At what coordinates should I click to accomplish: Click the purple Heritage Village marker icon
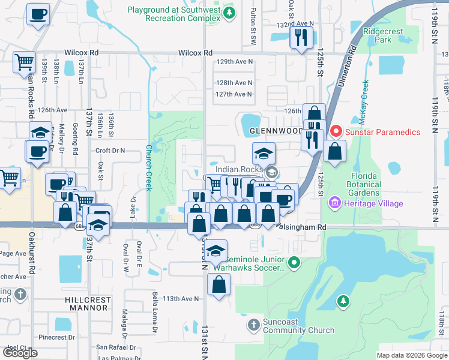[x=333, y=204]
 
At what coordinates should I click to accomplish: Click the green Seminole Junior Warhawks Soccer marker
[x=294, y=262]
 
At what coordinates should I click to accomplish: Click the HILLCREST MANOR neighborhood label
[x=86, y=303]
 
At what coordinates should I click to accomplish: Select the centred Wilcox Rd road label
[x=195, y=53]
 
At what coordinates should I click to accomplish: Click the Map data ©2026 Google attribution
[x=411, y=355]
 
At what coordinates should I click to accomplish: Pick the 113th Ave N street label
[x=181, y=298]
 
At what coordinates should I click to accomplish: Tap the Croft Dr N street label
[x=110, y=151]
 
